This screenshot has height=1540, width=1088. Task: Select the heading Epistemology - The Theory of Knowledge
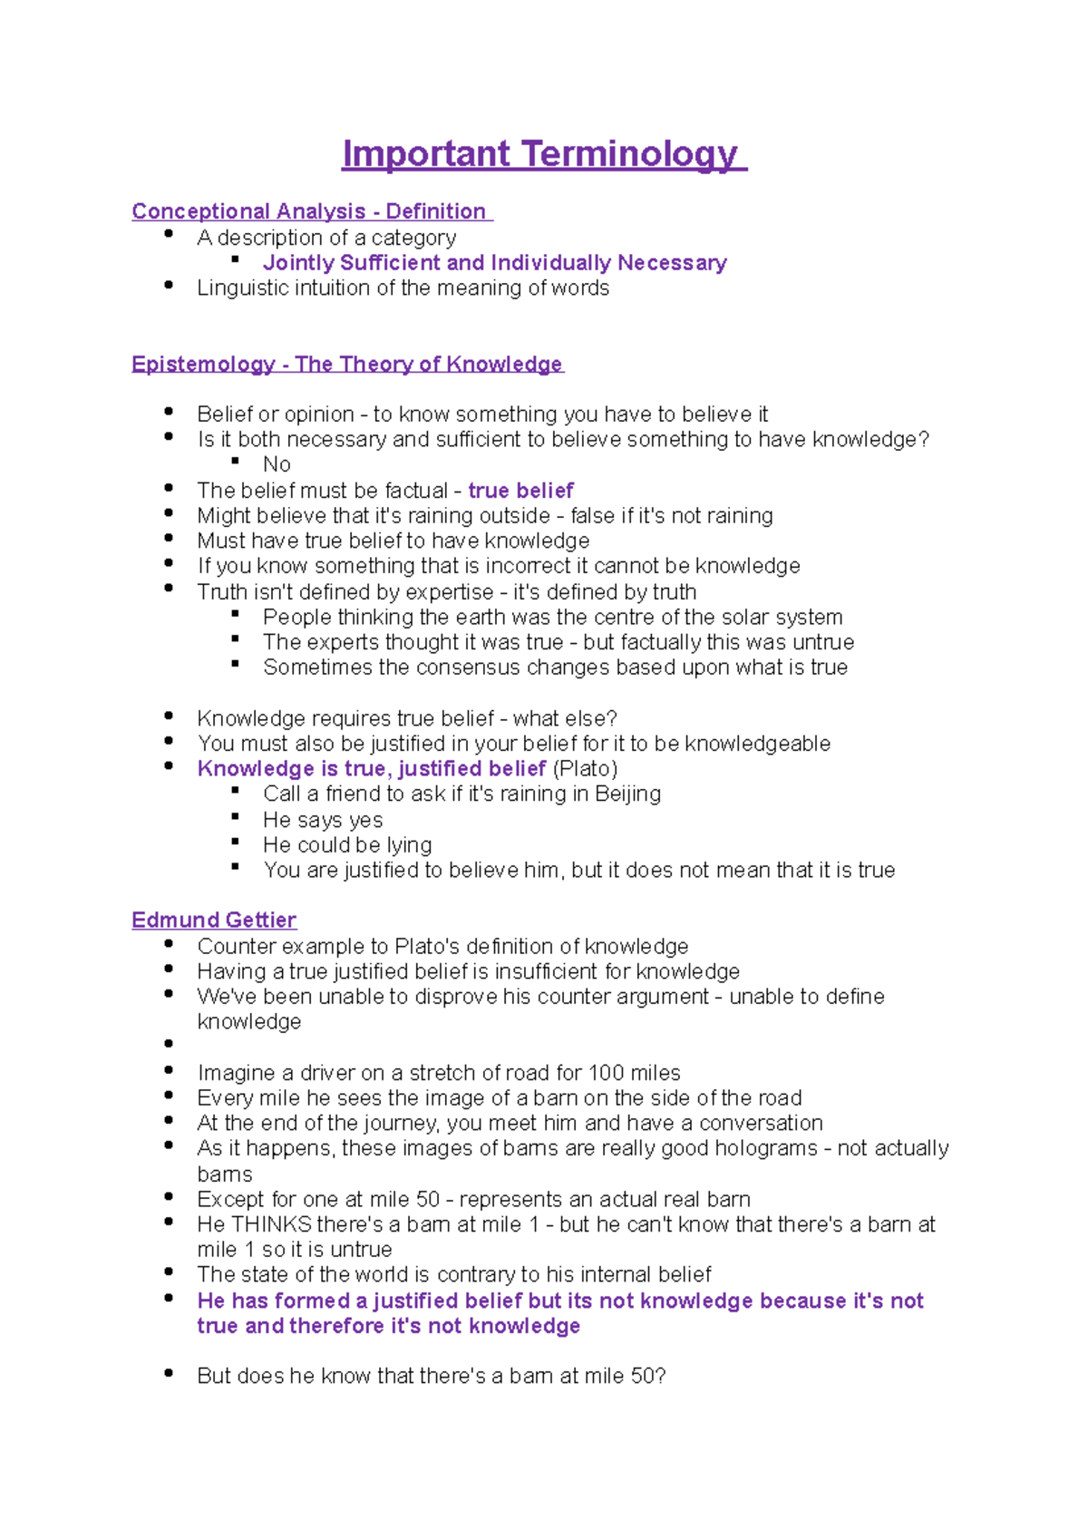(x=346, y=364)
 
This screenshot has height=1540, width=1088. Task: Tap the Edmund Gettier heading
(x=214, y=920)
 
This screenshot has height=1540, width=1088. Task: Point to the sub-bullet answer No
(x=277, y=464)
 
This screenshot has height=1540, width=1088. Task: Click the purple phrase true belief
(x=520, y=491)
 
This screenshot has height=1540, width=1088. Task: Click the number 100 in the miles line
(x=606, y=1073)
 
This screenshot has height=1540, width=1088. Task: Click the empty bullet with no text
(x=169, y=1044)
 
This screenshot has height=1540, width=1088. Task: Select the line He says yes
(x=323, y=820)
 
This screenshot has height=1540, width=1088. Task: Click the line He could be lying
(x=347, y=844)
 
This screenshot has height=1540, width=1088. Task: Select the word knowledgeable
(x=757, y=744)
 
